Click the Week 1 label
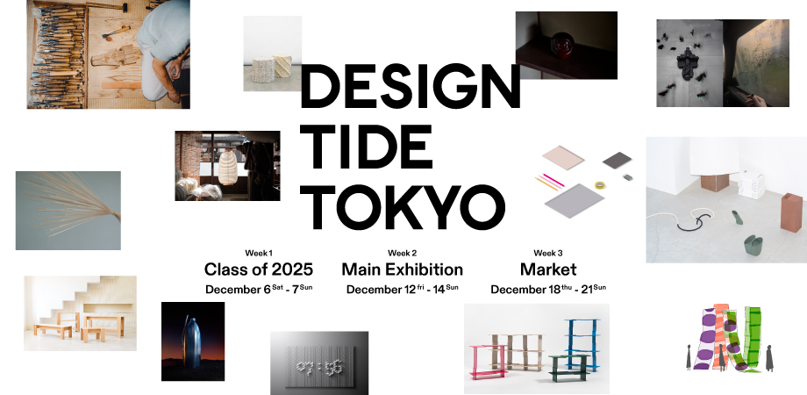click(x=258, y=253)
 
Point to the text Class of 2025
click(x=258, y=269)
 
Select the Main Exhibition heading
click(x=402, y=269)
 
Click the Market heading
click(x=547, y=269)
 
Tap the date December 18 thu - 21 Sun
click(x=547, y=289)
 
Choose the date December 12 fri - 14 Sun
click(x=402, y=289)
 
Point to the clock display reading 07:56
click(x=319, y=362)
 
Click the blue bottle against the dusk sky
click(x=192, y=343)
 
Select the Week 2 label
click(x=402, y=253)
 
